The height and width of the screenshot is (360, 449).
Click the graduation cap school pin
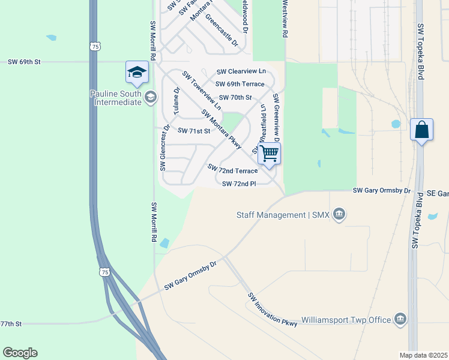click(x=137, y=73)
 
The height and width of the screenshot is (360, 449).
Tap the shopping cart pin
click(x=270, y=154)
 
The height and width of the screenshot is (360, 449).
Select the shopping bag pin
click(x=421, y=130)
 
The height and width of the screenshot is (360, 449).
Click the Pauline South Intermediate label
click(x=116, y=97)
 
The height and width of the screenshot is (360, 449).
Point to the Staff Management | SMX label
click(x=283, y=215)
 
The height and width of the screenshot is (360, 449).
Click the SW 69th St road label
click(x=24, y=62)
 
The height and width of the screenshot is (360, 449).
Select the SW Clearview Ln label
click(x=241, y=71)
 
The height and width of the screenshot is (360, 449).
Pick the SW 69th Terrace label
click(x=240, y=84)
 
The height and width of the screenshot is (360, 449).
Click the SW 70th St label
click(x=235, y=97)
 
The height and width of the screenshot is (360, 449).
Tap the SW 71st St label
click(x=194, y=130)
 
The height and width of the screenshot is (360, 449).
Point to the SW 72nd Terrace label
click(x=232, y=170)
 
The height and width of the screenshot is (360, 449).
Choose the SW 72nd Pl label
click(x=239, y=184)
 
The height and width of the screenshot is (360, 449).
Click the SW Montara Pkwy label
click(x=221, y=129)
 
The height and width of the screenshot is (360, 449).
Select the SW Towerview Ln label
click(x=202, y=91)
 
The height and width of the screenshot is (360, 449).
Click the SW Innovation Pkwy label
click(x=273, y=310)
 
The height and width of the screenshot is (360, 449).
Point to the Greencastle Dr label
click(x=221, y=31)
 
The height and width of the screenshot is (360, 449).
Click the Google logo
click(x=20, y=353)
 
